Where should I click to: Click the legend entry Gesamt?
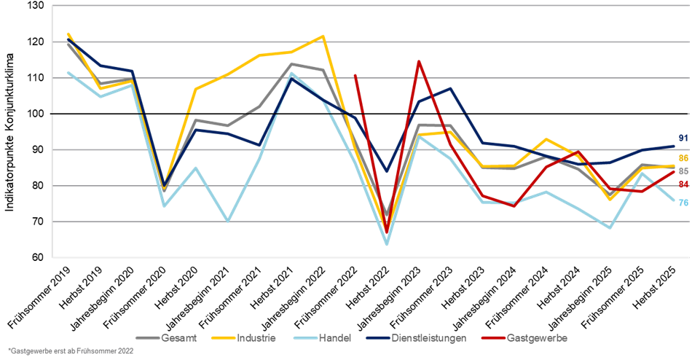tap(178, 338)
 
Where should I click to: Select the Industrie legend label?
tap(255, 338)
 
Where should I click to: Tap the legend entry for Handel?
tap(335, 338)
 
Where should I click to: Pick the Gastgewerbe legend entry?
tap(538, 338)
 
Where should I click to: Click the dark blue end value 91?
tap(683, 138)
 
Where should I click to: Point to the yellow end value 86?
tap(683, 158)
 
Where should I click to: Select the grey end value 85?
tap(683, 171)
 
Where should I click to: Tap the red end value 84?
tap(683, 184)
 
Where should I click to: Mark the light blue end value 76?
tap(683, 203)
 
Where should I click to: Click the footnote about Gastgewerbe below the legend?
tap(71, 351)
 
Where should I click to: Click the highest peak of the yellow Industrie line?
tap(323, 36)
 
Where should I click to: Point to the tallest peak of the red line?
tap(418, 61)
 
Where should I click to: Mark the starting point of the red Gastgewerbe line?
tap(355, 75)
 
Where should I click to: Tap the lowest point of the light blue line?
tap(387, 244)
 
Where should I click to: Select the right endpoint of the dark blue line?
tap(674, 146)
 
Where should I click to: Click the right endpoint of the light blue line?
tap(674, 201)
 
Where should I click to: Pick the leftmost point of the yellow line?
tap(68, 34)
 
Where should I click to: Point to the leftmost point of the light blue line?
tap(68, 72)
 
